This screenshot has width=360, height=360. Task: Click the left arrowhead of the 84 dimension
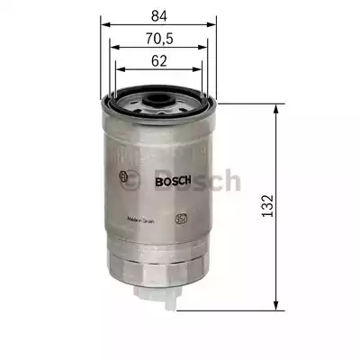coord(102,24)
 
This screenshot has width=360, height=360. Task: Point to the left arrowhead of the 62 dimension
coord(118,70)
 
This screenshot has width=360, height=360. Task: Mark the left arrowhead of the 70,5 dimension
coord(110,47)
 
